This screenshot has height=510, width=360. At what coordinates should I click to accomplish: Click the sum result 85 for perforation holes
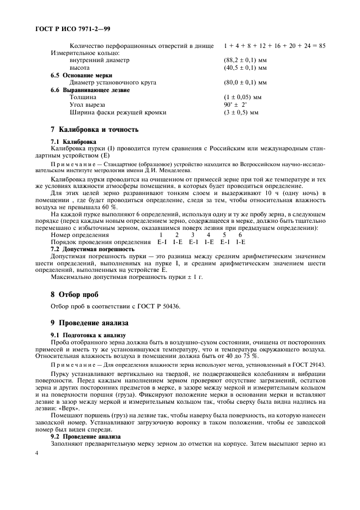(321, 46)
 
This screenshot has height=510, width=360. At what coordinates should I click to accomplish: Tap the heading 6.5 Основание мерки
(81, 75)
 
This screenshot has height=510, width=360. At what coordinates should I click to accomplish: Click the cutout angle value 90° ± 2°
(235, 105)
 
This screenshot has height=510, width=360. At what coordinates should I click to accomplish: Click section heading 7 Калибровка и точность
(94, 130)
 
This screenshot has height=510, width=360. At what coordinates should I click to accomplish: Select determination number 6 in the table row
(240, 235)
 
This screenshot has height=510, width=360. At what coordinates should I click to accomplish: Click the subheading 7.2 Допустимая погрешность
(92, 248)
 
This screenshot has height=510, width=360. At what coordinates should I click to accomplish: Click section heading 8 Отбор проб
(74, 295)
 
